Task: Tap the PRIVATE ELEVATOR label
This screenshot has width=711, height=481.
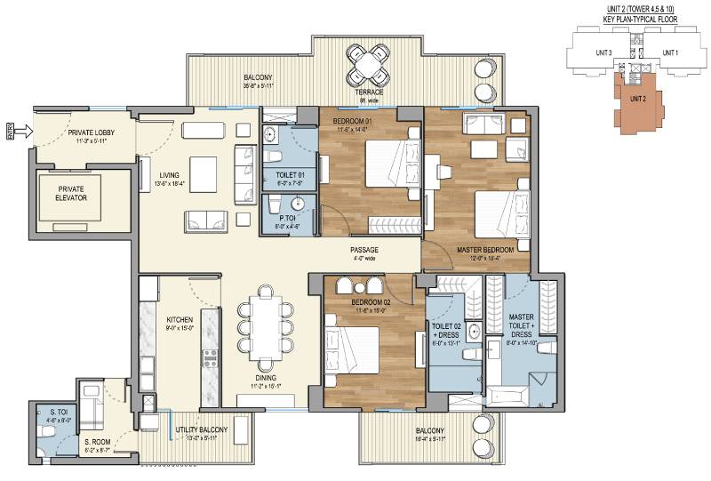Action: click(x=69, y=195)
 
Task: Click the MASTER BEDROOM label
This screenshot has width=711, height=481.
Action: click(x=484, y=251)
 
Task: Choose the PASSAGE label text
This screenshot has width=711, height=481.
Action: click(x=363, y=250)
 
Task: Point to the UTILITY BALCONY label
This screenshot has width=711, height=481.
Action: click(x=201, y=429)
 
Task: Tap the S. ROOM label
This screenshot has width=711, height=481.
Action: click(x=98, y=441)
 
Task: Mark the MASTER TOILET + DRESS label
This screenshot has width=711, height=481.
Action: click(x=521, y=323)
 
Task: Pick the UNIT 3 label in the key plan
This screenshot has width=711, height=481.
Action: click(x=604, y=52)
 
